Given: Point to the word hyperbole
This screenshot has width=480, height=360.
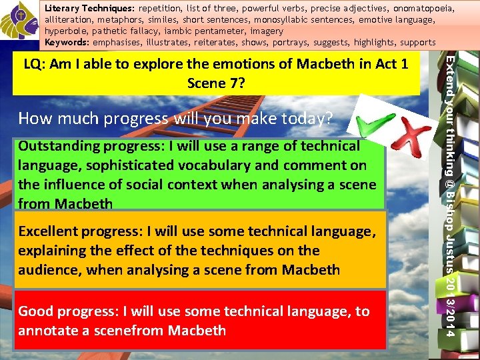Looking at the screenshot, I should tap(65, 31).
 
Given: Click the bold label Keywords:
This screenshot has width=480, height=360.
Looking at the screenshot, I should tap(67, 43).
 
